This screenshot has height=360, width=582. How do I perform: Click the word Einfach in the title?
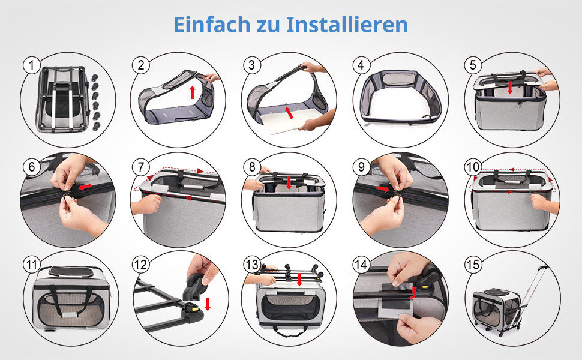click(212, 25)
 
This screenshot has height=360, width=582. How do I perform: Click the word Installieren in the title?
click(347, 25)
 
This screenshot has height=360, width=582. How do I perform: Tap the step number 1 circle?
click(31, 65)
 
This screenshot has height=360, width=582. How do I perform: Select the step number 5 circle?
click(473, 65)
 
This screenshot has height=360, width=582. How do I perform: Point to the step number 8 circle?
click(252, 167)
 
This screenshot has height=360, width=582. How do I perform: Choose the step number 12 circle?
click(140, 265)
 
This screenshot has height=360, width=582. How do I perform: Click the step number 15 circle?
click(473, 265)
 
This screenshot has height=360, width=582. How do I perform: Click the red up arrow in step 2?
click(192, 92)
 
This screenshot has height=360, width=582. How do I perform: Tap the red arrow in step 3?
click(289, 112)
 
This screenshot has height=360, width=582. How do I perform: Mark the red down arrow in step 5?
click(511, 88)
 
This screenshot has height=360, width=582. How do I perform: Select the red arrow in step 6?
click(85, 187)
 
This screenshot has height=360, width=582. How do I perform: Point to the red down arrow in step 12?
click(208, 304)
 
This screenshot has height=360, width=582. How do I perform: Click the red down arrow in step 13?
click(299, 280)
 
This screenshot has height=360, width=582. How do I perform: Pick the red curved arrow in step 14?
click(412, 293)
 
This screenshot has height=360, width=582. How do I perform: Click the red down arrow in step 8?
click(289, 183)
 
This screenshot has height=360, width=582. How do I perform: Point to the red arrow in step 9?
click(383, 189)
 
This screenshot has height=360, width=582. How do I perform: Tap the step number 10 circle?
click(473, 167)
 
